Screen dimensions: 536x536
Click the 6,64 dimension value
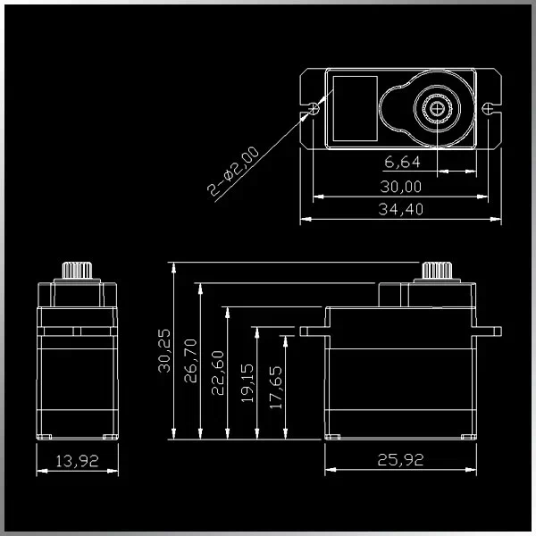402,162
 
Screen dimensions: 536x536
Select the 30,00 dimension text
401,187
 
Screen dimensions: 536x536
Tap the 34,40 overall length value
401,209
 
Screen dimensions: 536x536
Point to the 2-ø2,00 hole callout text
233,171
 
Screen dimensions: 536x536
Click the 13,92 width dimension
77,461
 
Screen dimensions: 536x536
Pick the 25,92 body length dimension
400,460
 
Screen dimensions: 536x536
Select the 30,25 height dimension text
164,351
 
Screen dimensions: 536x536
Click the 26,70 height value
191,361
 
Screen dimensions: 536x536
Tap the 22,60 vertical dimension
218,373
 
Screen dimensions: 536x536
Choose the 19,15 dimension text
247,383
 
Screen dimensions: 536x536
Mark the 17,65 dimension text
276,388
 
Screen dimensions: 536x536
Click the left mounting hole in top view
314,109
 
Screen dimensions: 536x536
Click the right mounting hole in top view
487,109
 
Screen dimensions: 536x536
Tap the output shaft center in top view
437,109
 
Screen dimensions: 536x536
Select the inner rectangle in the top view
356,109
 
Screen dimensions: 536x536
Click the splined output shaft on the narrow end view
77,271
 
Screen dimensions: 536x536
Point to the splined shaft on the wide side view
437,271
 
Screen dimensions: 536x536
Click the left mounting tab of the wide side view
313,331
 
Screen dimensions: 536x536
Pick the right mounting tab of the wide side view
489,331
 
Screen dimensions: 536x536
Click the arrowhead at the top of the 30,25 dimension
174,267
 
